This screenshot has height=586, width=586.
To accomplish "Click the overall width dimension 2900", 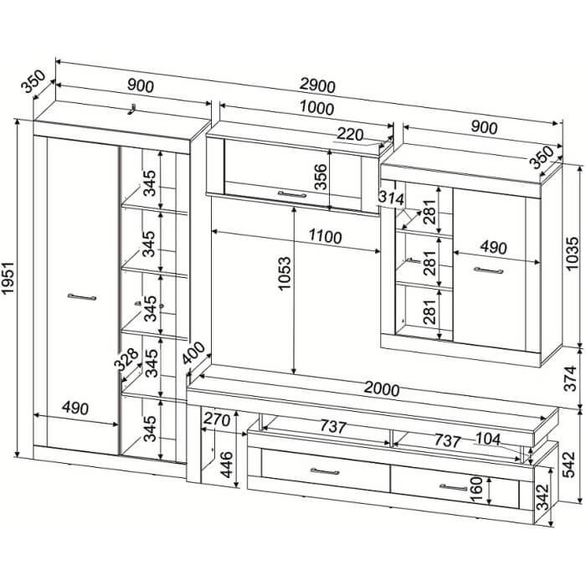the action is (x=317, y=86).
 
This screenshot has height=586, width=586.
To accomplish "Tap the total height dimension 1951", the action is (x=8, y=278).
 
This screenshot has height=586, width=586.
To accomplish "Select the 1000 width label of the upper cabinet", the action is (x=316, y=108).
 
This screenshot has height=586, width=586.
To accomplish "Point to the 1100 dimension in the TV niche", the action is (x=325, y=237).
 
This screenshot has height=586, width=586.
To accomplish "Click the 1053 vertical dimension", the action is (x=284, y=273).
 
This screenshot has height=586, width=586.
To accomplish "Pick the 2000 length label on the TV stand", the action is (x=382, y=389).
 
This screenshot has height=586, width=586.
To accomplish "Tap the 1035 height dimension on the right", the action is (x=572, y=254).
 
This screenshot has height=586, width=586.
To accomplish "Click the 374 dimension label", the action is (x=571, y=378).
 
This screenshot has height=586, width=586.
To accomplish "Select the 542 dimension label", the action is (x=570, y=465).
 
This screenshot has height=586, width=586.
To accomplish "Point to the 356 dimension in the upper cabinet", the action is (x=321, y=177).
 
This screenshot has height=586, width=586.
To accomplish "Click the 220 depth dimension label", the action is (x=349, y=135).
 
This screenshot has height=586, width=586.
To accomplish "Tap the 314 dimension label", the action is (x=391, y=198).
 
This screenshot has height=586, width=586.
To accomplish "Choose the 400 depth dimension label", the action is (x=193, y=352).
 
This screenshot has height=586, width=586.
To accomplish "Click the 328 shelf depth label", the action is (x=126, y=359).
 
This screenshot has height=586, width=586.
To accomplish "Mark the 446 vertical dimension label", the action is (x=227, y=465).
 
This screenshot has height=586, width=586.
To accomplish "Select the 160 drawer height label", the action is (x=476, y=489).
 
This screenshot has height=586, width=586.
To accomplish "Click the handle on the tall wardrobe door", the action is (x=82, y=297).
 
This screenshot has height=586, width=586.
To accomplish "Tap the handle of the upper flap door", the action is (x=292, y=194).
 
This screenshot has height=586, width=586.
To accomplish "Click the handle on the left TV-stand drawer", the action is (x=325, y=471).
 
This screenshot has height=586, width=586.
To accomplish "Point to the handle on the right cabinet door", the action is (x=488, y=270).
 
